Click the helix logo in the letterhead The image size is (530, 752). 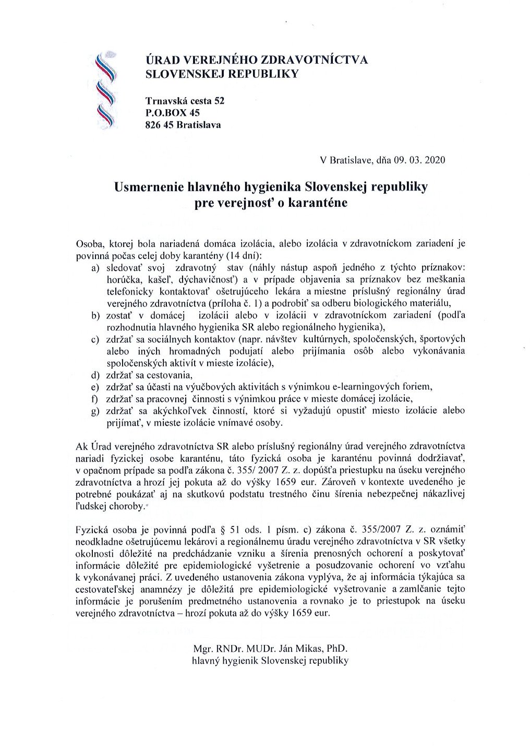point(105,90)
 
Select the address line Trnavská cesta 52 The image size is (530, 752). point(185,100)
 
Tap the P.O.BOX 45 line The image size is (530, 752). point(172,112)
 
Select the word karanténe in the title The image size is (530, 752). point(320,203)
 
